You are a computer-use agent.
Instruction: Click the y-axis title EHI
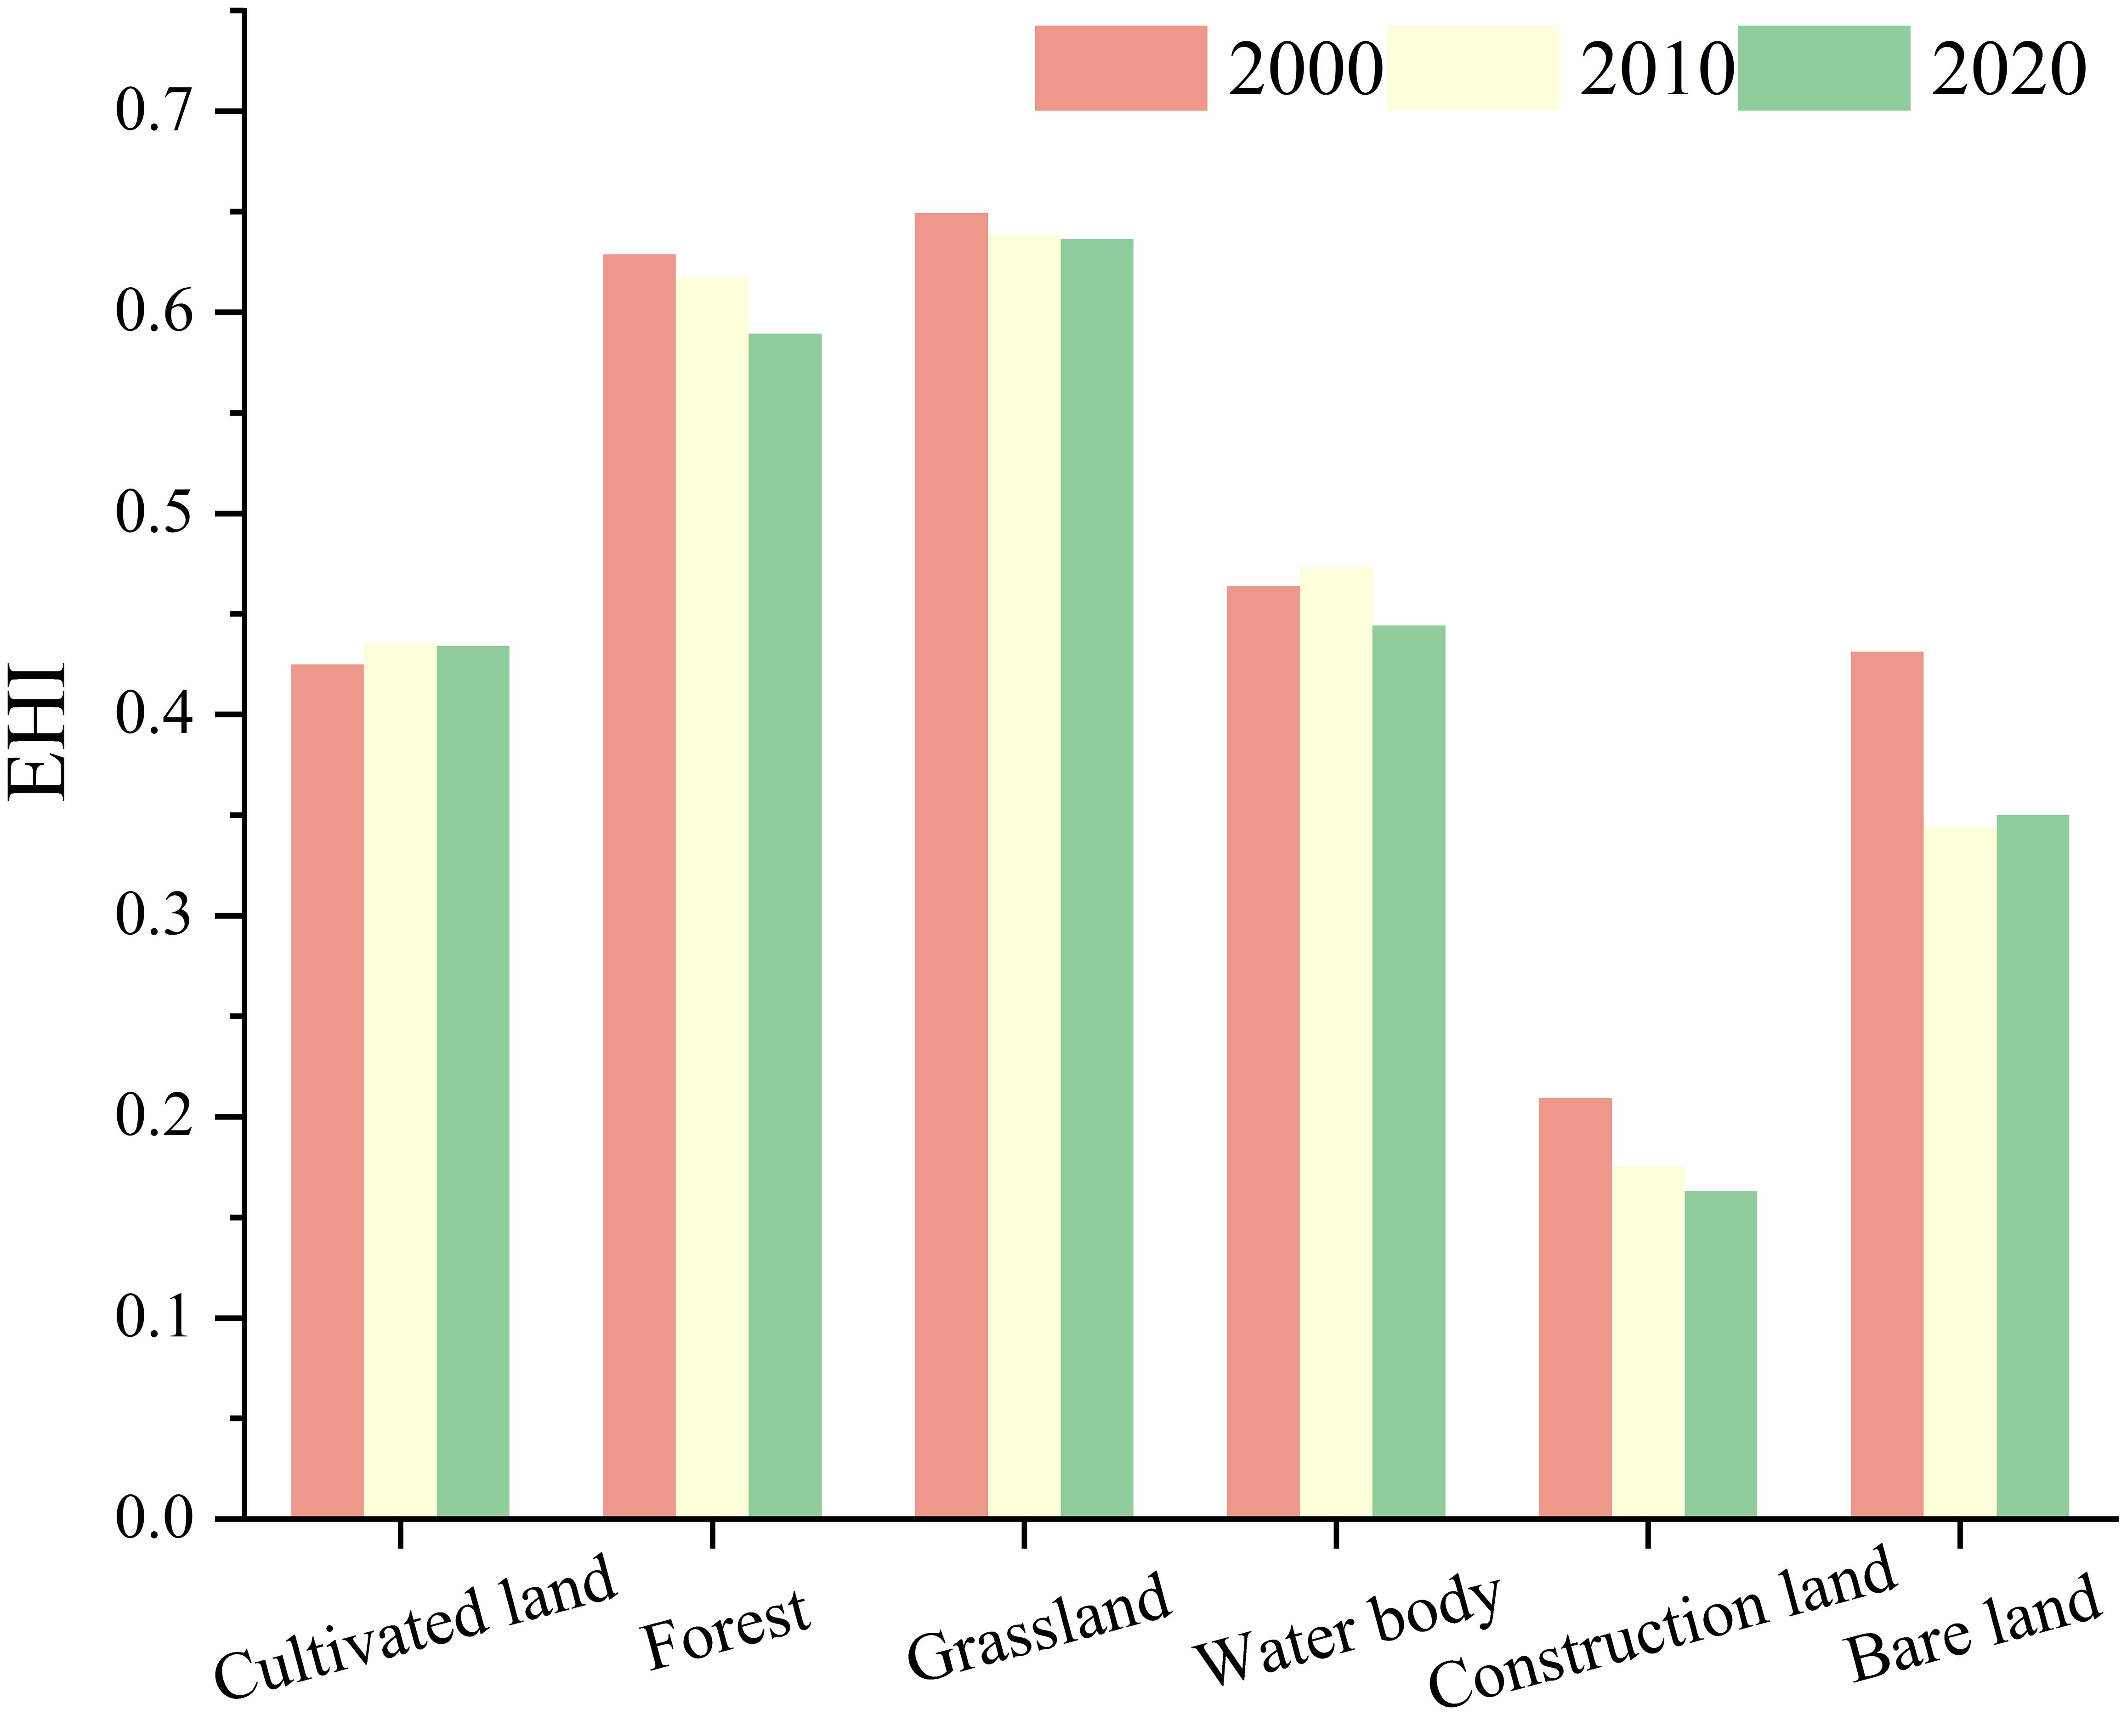[38, 731]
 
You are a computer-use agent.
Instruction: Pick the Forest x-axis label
[726, 1630]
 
